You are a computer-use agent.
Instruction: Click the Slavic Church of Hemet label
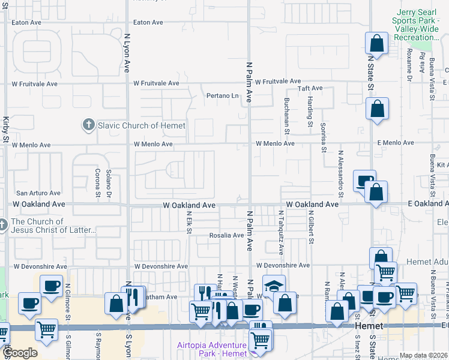click(x=142, y=125)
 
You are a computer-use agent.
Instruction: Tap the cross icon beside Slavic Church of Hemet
click(x=88, y=125)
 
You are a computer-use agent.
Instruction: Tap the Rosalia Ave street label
click(x=226, y=235)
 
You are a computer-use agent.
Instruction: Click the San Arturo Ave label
click(x=38, y=193)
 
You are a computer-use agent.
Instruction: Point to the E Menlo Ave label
click(x=396, y=143)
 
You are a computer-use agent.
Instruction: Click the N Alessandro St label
click(x=340, y=174)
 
